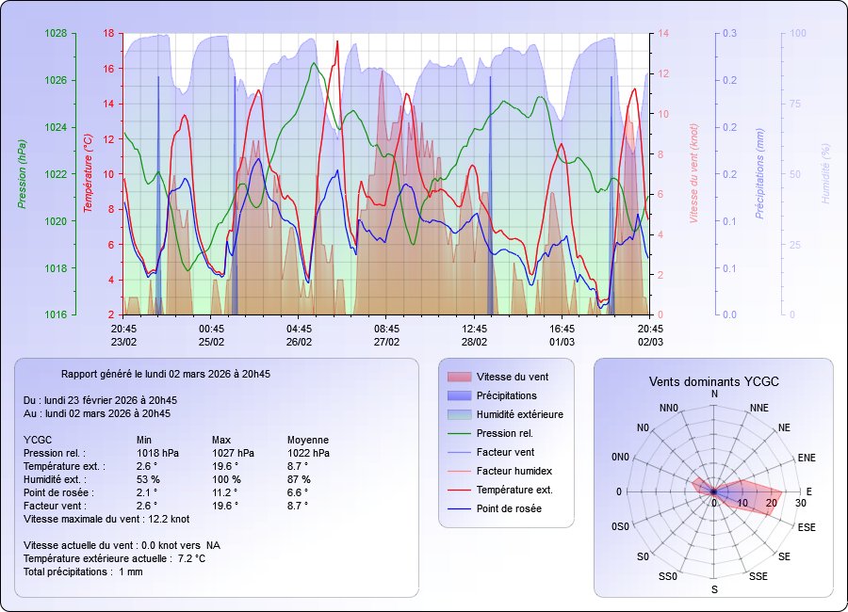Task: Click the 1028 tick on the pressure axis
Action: click(x=56, y=33)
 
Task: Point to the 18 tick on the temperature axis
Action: click(x=107, y=33)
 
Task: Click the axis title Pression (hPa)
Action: click(x=22, y=174)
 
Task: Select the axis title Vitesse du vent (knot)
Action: click(x=694, y=174)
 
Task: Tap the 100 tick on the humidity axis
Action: click(x=796, y=33)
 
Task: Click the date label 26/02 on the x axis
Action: click(x=299, y=341)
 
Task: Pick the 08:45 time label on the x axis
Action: click(x=386, y=329)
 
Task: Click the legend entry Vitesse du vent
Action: click(x=513, y=377)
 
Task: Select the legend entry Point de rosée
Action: click(x=509, y=508)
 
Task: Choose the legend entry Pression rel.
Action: click(x=504, y=433)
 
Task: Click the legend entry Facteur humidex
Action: click(x=513, y=471)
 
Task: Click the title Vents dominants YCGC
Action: click(x=713, y=381)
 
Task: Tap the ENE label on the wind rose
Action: click(x=807, y=458)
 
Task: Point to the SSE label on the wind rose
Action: click(x=758, y=575)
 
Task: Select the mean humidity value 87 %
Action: click(x=299, y=479)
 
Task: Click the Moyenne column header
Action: click(x=308, y=440)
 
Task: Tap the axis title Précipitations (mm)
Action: click(x=758, y=174)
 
